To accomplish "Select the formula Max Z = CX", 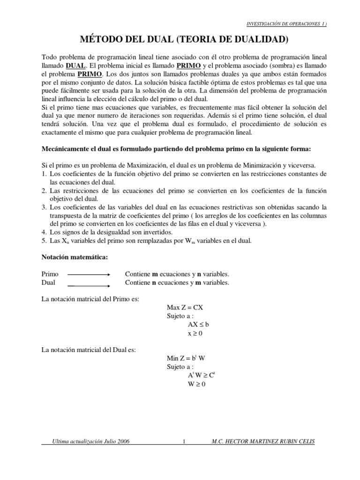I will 185,307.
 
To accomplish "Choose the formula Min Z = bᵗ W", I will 186,358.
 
